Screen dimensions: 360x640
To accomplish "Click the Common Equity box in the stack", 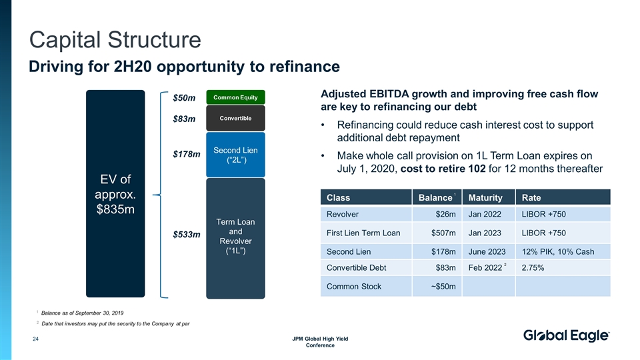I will [235, 97].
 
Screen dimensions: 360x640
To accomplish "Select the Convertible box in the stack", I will [235, 119].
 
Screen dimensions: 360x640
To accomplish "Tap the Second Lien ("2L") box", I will [235, 155].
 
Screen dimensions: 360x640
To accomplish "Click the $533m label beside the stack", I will [187, 235].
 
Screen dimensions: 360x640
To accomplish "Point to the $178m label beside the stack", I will [187, 155].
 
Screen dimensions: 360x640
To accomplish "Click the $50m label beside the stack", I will [184, 99].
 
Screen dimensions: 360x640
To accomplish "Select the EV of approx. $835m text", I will [115, 194].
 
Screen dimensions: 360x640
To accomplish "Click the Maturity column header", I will [485, 197].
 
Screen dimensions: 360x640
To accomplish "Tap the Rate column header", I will [531, 197].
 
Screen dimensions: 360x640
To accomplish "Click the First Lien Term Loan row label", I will [363, 233].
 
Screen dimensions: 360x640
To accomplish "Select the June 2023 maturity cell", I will [487, 251].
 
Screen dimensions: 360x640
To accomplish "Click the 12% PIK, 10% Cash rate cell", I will [557, 251].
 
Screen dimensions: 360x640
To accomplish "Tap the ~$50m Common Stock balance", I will [442, 286].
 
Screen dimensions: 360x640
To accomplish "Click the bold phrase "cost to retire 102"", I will [443, 169].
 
